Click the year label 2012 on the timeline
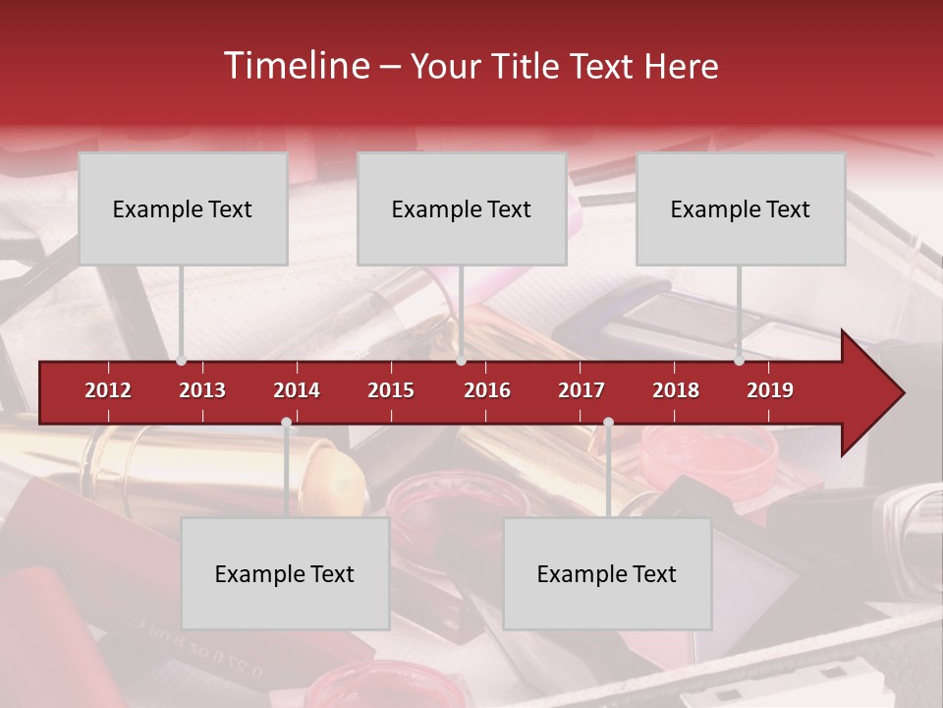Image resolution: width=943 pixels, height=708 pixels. pyautogui.click(x=108, y=390)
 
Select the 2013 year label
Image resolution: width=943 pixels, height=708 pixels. pyautogui.click(x=202, y=390)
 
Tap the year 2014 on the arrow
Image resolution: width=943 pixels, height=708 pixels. pyautogui.click(x=297, y=390)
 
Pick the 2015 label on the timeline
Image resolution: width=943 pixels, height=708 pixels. pyautogui.click(x=391, y=390)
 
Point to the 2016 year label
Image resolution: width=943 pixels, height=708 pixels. pyautogui.click(x=487, y=390)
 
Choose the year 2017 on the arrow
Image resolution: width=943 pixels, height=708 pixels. pyautogui.click(x=582, y=390)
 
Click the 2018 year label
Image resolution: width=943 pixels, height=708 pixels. pyautogui.click(x=676, y=390)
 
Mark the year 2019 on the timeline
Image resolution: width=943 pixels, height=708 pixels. pyautogui.click(x=770, y=390)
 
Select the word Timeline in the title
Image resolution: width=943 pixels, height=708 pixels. pyautogui.click(x=295, y=66)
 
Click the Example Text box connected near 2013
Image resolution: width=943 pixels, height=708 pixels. pyautogui.click(x=183, y=208)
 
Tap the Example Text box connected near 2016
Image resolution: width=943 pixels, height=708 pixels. pyautogui.click(x=462, y=208)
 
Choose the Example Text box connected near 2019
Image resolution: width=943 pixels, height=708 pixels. pyautogui.click(x=741, y=208)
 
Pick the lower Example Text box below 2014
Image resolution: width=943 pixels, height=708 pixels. pyautogui.click(x=285, y=573)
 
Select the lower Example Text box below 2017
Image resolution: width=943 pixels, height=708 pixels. pyautogui.click(x=607, y=573)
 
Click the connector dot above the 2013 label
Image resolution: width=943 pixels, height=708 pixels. pyautogui.click(x=182, y=361)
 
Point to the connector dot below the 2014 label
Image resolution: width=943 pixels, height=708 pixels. pyautogui.click(x=286, y=423)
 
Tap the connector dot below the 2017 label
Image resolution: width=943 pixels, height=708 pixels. pyautogui.click(x=608, y=423)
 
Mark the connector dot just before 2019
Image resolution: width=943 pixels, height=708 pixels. pyautogui.click(x=739, y=361)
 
